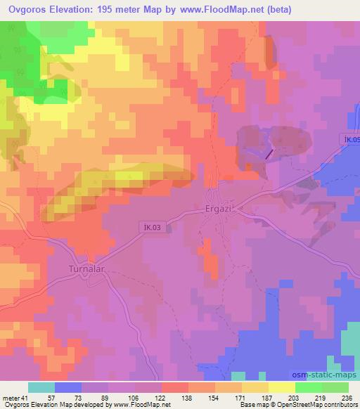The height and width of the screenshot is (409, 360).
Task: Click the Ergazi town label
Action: coord(219,211)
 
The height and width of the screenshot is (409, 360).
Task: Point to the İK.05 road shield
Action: coord(352,140)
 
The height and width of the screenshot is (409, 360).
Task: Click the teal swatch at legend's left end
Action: coord(41,387)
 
